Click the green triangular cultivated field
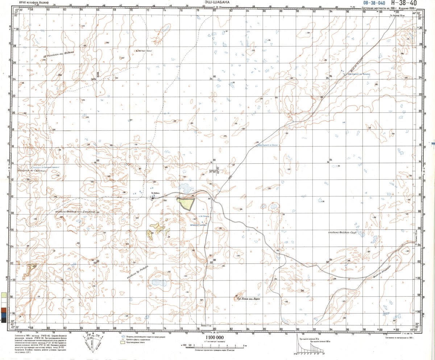tap(186, 203)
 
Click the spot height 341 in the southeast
tap(302, 291)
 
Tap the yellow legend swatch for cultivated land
tap(123, 342)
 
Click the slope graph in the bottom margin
tap(310, 347)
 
